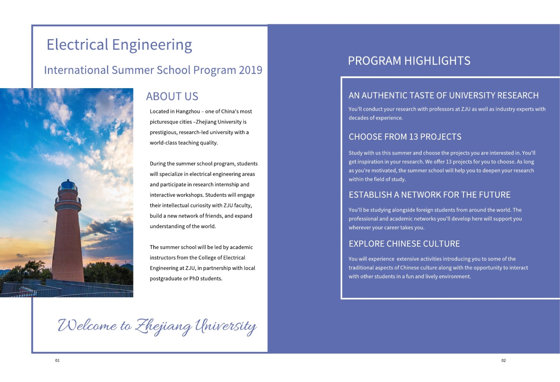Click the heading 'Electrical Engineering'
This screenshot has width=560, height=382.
(x=119, y=45)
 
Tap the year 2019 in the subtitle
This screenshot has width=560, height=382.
(x=250, y=70)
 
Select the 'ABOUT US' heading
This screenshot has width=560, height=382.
(x=172, y=96)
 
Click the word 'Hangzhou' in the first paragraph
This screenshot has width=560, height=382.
(x=188, y=112)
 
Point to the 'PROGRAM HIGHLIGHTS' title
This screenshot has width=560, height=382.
(x=409, y=61)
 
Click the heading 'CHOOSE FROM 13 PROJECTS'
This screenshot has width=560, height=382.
(x=405, y=137)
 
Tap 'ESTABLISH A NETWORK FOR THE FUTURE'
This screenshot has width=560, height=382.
(x=429, y=195)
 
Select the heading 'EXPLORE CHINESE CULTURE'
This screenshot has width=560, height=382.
(x=404, y=244)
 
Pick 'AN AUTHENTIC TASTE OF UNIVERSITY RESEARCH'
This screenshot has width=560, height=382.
(x=443, y=95)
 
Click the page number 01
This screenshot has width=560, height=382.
(x=57, y=360)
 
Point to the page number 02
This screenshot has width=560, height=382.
(x=503, y=360)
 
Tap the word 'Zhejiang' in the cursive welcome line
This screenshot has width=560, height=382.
(x=163, y=326)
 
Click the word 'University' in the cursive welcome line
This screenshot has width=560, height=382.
(x=226, y=326)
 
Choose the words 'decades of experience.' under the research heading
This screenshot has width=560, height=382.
(x=375, y=118)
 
